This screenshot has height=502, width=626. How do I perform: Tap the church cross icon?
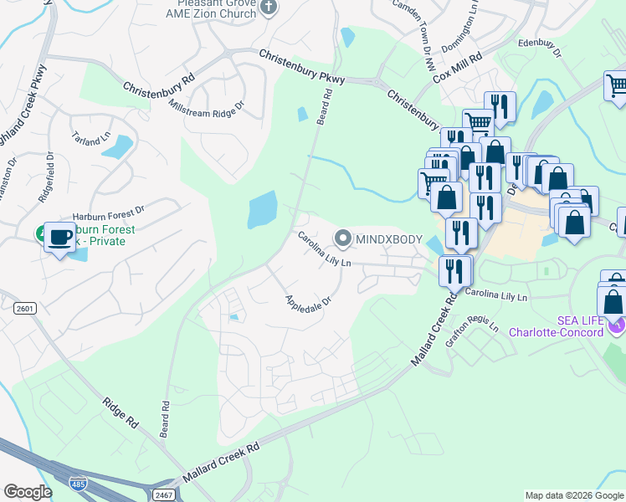point(269,8)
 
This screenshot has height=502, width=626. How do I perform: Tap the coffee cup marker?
point(59,236)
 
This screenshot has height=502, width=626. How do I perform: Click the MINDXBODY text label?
point(389,238)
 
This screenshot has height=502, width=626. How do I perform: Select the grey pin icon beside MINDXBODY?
point(343,238)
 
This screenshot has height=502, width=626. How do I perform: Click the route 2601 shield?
point(26,308)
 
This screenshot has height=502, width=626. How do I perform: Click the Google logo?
point(28,492)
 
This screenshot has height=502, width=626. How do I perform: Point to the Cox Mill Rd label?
point(458,68)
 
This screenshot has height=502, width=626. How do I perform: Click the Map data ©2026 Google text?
point(574,495)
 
